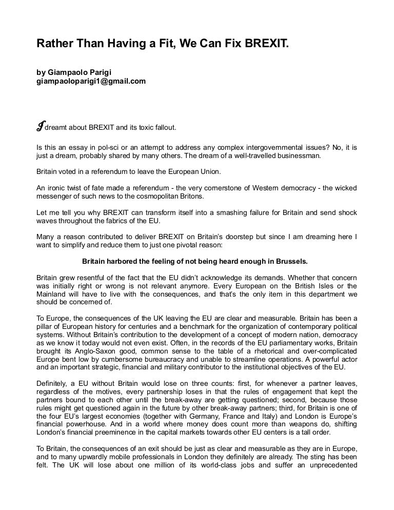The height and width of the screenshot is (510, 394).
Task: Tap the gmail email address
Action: [91, 81]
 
